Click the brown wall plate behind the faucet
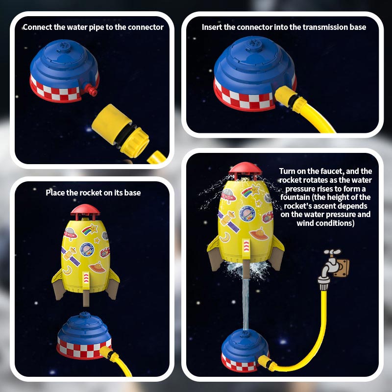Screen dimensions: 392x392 342,267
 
